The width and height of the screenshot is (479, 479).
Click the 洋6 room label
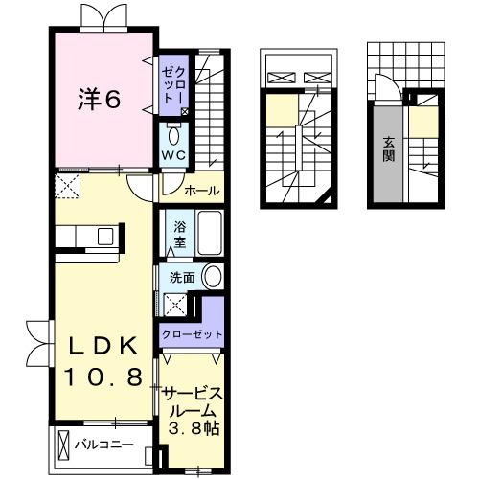point(99,98)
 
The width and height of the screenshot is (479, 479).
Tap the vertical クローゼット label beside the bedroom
point(170,83)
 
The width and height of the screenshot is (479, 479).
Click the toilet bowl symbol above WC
point(173,134)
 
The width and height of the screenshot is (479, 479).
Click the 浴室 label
point(179,234)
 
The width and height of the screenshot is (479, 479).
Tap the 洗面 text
point(182,278)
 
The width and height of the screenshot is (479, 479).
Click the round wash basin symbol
point(213,278)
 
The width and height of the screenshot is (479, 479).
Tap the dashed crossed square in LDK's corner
point(67,184)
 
